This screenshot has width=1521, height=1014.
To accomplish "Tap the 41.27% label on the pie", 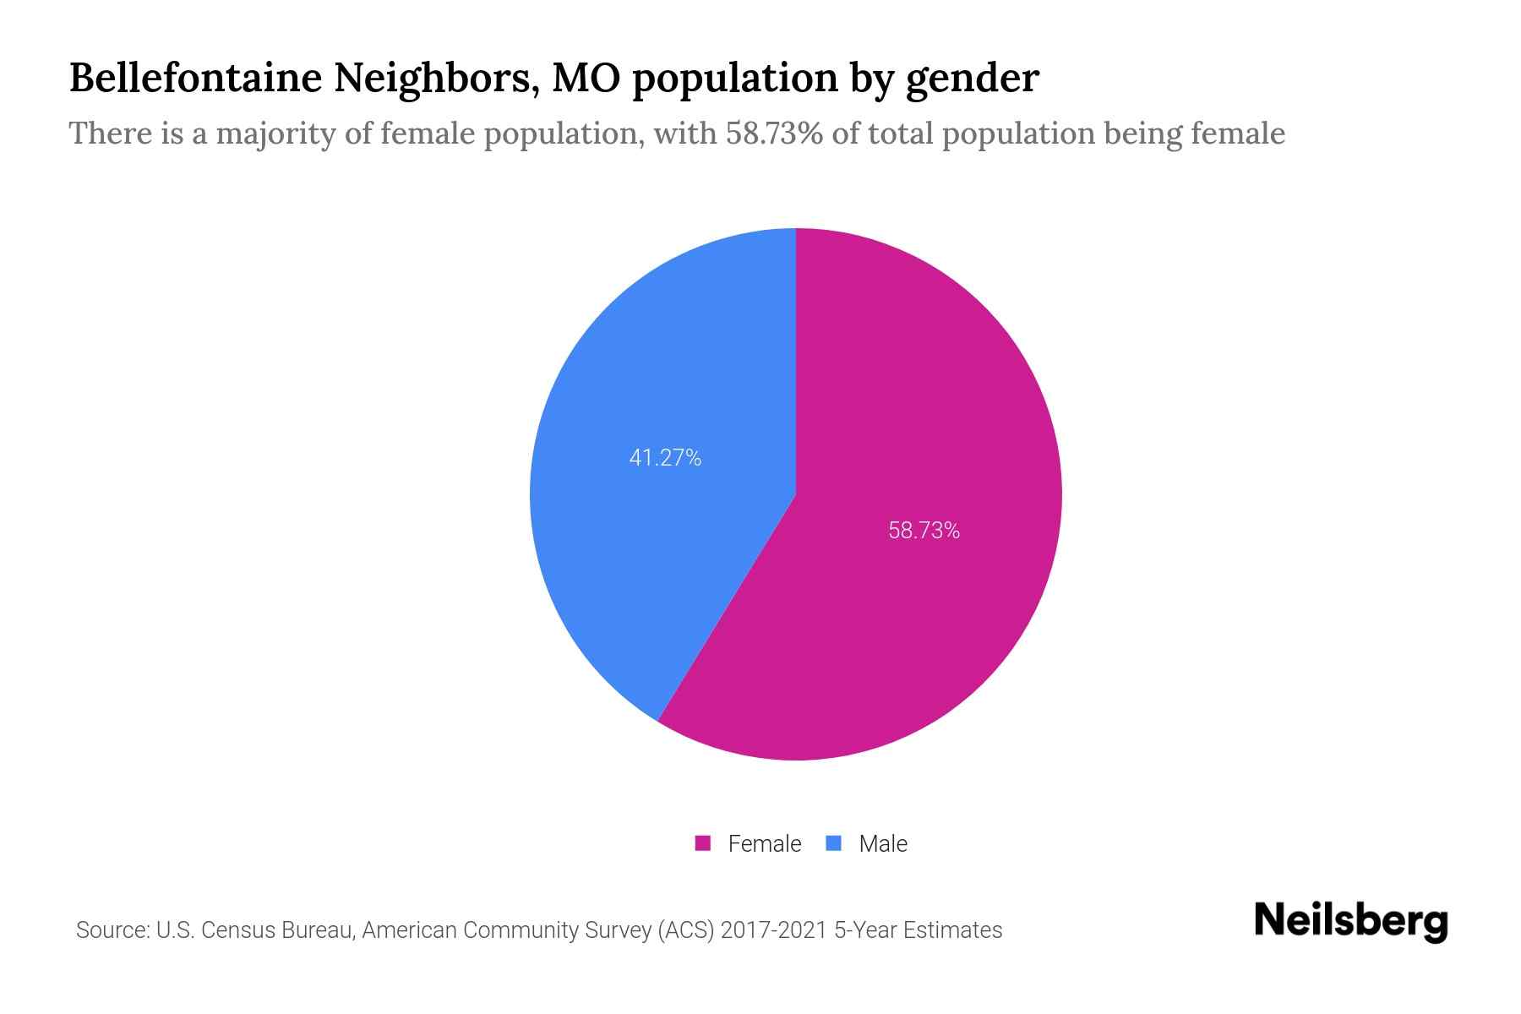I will (665, 458).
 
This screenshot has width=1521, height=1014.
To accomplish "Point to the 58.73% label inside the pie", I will (924, 531).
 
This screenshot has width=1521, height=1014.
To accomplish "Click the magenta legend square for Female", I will (702, 843).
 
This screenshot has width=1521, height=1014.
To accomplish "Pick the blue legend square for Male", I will (834, 843).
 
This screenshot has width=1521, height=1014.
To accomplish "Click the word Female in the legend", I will (764, 843).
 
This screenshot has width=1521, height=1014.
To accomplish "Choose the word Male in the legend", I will (883, 843).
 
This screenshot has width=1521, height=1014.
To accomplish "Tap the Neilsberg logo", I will (1351, 921).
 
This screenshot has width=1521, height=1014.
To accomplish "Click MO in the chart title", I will (578, 79).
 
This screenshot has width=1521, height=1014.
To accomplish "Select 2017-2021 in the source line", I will (773, 930).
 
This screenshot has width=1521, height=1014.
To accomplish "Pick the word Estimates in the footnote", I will (952, 930).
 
